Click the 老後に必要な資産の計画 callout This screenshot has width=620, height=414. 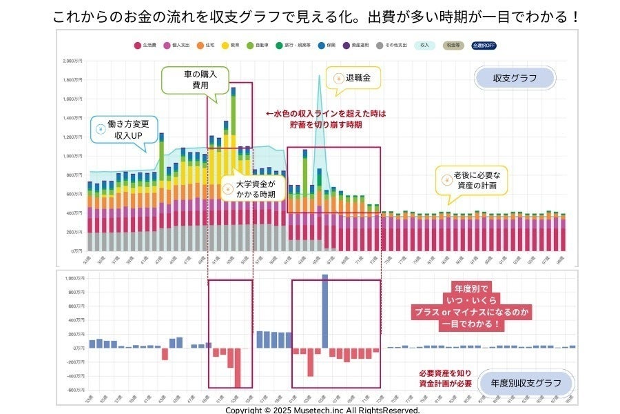(x=471, y=181)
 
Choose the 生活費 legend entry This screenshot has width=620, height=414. (x=145, y=45)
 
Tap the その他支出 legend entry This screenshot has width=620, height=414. (x=394, y=45)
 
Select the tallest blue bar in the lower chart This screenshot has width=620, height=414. (x=325, y=310)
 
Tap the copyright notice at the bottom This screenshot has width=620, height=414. (x=322, y=409)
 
